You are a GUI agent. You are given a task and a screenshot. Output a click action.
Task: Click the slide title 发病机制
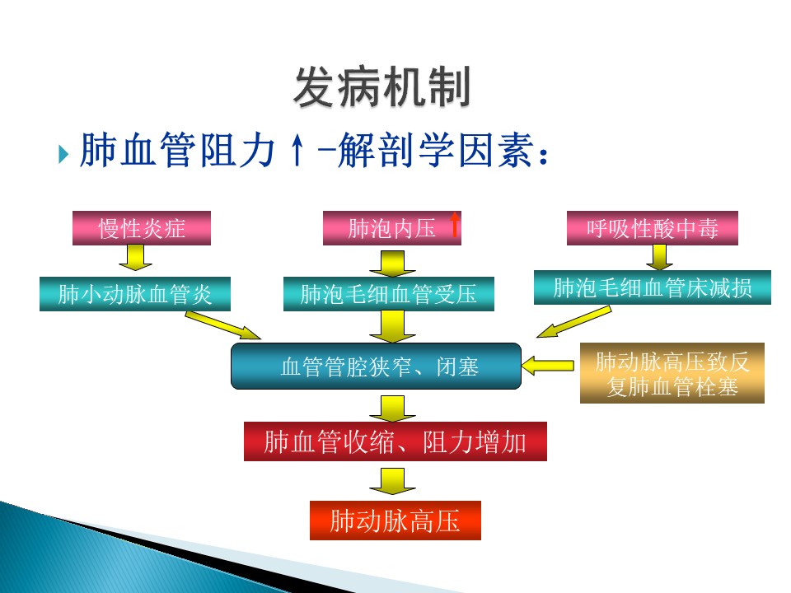(381, 87)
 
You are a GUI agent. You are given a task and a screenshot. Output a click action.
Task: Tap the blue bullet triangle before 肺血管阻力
(64, 154)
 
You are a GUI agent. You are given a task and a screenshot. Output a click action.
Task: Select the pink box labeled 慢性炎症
(142, 228)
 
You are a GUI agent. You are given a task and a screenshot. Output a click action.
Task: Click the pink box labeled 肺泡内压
(392, 228)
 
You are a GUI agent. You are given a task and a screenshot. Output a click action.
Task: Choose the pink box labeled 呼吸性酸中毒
(652, 228)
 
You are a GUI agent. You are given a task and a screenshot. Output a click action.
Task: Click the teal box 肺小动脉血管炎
(135, 294)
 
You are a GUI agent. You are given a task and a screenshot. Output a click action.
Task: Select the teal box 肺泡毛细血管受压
(389, 294)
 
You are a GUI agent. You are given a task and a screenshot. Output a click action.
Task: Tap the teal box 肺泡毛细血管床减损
(652, 287)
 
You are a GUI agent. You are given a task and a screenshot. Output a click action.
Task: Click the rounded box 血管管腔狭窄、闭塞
(376, 366)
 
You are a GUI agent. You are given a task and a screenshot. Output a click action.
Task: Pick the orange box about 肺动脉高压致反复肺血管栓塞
(672, 374)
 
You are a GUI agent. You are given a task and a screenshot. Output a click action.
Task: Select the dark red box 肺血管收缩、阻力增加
(395, 441)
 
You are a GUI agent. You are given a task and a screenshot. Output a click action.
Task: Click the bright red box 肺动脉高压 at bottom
(395, 521)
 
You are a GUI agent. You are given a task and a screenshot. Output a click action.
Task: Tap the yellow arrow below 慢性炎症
(135, 259)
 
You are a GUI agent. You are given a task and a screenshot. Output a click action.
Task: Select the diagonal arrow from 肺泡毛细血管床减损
(573, 322)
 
